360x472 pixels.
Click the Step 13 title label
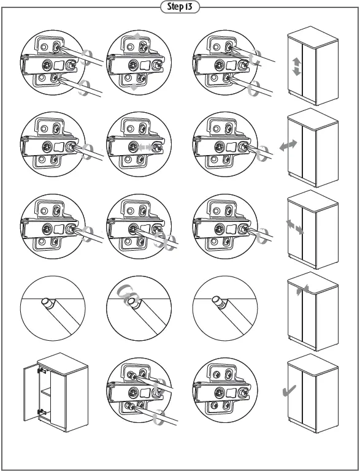click(180, 7)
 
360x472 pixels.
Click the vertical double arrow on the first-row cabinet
click(297, 66)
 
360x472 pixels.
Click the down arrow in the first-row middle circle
click(134, 88)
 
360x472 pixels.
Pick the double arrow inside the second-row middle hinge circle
click(145, 147)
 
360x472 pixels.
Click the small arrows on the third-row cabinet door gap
click(294, 227)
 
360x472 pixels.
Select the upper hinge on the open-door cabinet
click(41, 370)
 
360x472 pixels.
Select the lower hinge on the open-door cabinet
click(41, 411)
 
